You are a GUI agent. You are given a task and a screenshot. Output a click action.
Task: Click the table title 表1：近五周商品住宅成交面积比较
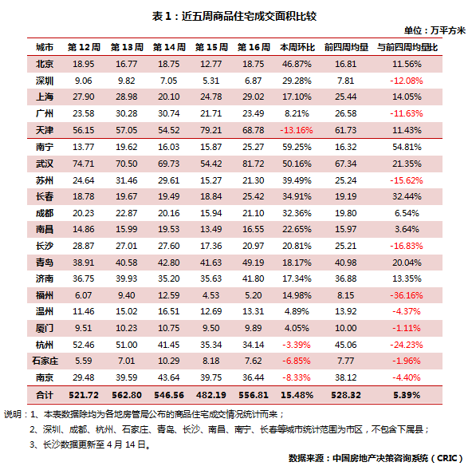[234, 16]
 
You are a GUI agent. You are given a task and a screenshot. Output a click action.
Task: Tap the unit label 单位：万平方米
[435, 30]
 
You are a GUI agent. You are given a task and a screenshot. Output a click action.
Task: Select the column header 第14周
[169, 47]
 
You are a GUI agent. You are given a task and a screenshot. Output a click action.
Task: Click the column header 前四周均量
[346, 47]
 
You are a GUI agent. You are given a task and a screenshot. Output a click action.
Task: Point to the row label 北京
[45, 64]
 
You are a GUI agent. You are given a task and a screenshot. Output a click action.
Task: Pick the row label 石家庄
[45, 361]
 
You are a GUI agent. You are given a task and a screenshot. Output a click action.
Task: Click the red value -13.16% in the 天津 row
[297, 130]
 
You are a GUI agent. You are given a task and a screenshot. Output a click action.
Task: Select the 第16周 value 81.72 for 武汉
[254, 164]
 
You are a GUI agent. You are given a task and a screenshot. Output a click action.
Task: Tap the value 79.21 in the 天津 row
[211, 130]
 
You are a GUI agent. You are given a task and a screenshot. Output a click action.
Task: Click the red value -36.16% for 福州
[407, 295]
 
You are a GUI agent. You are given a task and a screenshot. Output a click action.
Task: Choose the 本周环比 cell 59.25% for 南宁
[297, 147]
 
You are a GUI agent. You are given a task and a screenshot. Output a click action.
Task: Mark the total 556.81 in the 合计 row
[254, 395]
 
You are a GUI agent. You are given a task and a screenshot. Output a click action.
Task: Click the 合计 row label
[45, 395]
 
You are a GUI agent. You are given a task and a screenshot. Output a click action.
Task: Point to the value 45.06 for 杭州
[345, 345]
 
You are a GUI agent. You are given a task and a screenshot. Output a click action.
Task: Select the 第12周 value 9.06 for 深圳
[84, 81]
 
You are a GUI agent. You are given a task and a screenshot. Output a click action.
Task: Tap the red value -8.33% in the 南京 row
[297, 377]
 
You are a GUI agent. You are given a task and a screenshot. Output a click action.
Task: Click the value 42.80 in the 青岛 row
[168, 263]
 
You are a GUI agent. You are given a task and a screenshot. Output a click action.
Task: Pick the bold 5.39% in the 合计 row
[407, 395]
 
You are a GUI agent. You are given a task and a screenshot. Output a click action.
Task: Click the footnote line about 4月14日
[90, 444]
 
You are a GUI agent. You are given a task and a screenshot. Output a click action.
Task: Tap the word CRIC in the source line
[446, 458]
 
